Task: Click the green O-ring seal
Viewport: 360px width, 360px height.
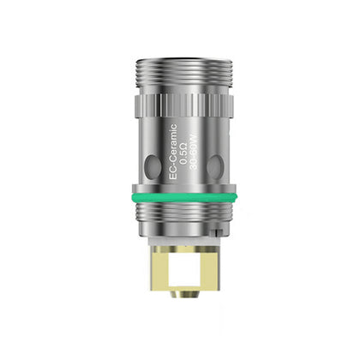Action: [x=184, y=197]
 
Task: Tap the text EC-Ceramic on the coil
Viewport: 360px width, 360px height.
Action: [x=173, y=152]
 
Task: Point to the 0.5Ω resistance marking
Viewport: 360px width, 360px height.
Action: [x=183, y=153]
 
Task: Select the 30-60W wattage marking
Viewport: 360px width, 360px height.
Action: [x=194, y=153]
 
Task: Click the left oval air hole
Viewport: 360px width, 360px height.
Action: [x=154, y=166]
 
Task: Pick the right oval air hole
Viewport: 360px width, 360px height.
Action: [x=215, y=167]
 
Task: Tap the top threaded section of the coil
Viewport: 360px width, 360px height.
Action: [x=184, y=75]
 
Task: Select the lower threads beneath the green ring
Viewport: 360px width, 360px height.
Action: [x=184, y=213]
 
